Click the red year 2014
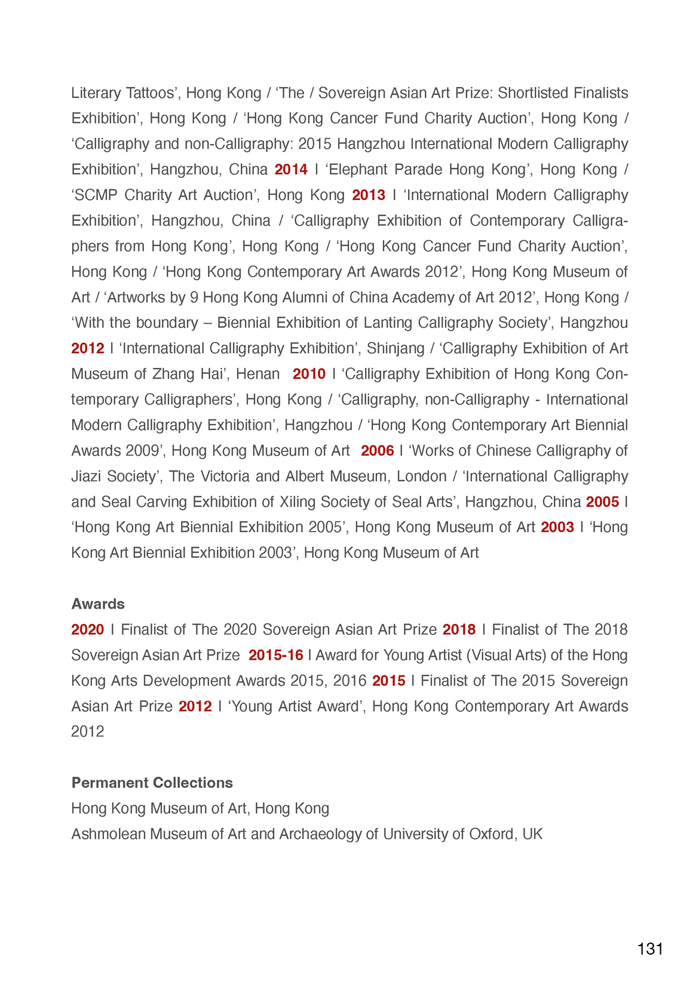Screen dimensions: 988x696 291,170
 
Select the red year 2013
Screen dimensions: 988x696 369,195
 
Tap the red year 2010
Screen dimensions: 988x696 309,374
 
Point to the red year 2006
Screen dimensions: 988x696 377,451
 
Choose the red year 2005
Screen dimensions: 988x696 602,502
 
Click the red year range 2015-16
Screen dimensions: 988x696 276,655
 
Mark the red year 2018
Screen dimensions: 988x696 459,630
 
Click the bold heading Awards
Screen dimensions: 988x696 98,604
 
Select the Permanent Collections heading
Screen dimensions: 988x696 152,783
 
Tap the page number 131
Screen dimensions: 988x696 650,949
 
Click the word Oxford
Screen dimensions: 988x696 491,834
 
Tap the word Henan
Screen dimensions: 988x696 257,374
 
